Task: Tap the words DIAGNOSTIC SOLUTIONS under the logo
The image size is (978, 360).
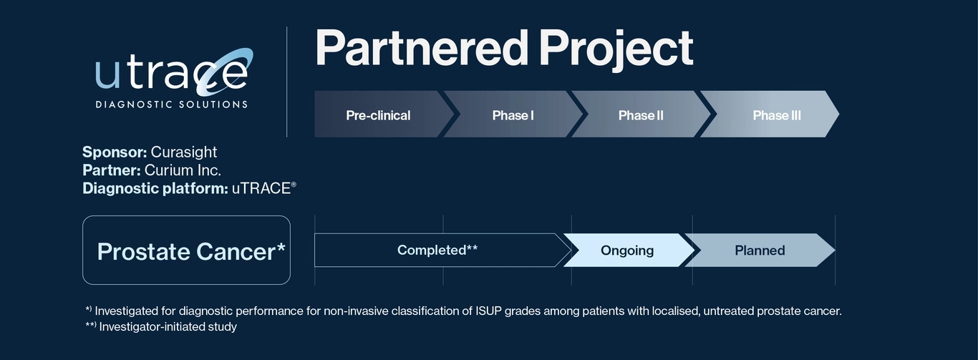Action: pyautogui.click(x=172, y=104)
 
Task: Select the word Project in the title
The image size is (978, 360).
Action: pyautogui.click(x=616, y=49)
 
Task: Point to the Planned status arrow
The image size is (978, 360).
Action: pyautogui.click(x=760, y=250)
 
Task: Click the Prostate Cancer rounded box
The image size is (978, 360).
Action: pyautogui.click(x=186, y=250)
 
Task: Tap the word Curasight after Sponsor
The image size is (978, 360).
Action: pyautogui.click(x=183, y=152)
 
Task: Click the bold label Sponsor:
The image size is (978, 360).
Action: pyautogui.click(x=115, y=152)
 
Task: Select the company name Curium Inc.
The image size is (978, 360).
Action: pyautogui.click(x=183, y=170)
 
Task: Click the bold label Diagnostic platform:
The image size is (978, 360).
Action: pyautogui.click(x=155, y=188)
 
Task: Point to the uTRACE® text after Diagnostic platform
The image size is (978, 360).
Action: pyautogui.click(x=263, y=188)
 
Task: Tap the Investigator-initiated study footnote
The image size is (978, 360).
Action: pyautogui.click(x=168, y=327)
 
